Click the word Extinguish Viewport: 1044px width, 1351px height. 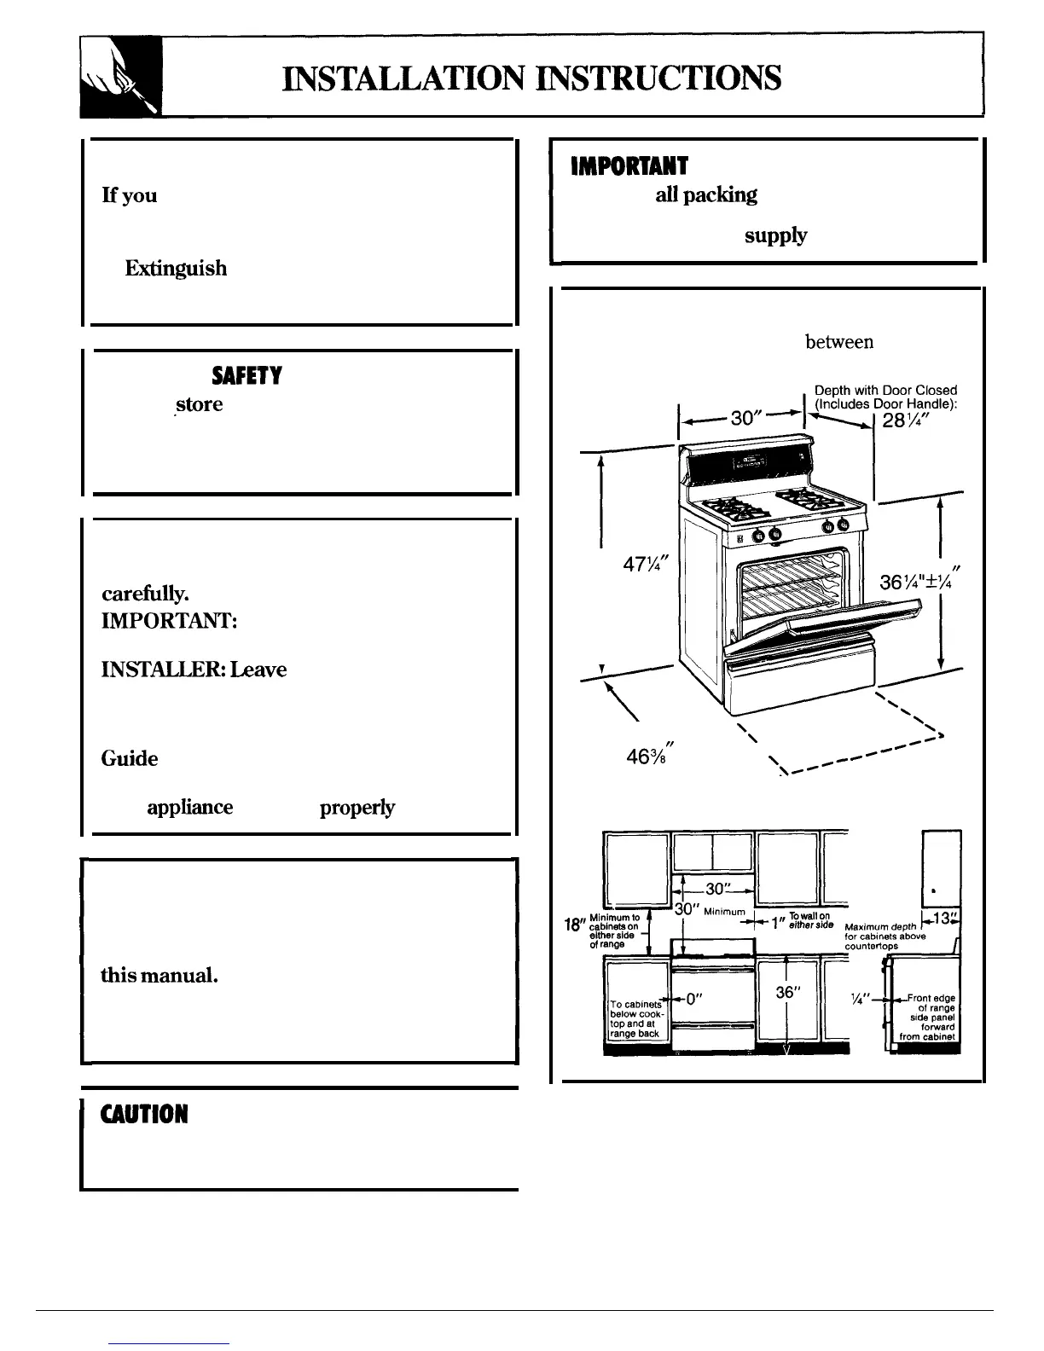pos(176,269)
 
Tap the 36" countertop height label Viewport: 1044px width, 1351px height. pos(786,993)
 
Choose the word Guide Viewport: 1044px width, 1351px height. pos(130,759)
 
